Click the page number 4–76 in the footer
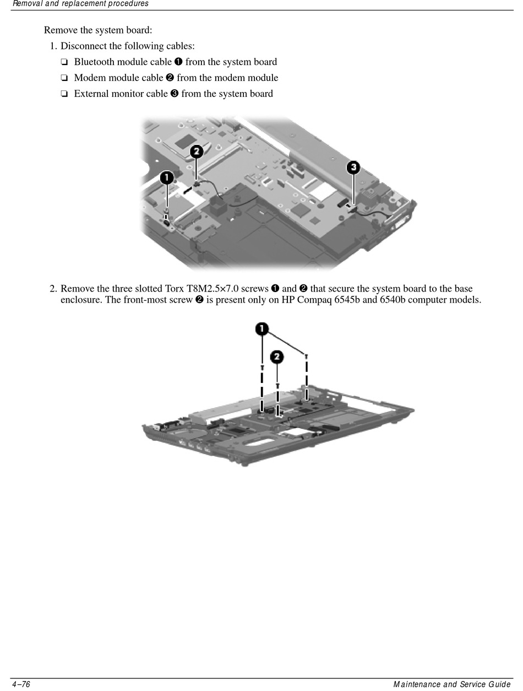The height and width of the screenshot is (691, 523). (x=21, y=684)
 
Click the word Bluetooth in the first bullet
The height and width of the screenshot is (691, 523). (x=94, y=62)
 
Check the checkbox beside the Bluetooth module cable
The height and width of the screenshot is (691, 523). (x=64, y=62)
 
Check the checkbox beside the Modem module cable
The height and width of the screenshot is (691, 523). (x=64, y=78)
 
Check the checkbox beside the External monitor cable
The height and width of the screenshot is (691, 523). (x=64, y=94)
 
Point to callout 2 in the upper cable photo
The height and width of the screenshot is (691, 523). (x=197, y=151)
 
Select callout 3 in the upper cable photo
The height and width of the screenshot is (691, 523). (x=353, y=167)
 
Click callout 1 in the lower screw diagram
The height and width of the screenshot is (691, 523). (x=261, y=329)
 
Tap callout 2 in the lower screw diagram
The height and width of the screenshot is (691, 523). (x=277, y=357)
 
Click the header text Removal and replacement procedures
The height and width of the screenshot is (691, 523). (x=80, y=4)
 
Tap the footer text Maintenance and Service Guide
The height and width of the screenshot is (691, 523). (x=452, y=684)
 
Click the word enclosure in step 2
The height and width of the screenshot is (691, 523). (x=80, y=300)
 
